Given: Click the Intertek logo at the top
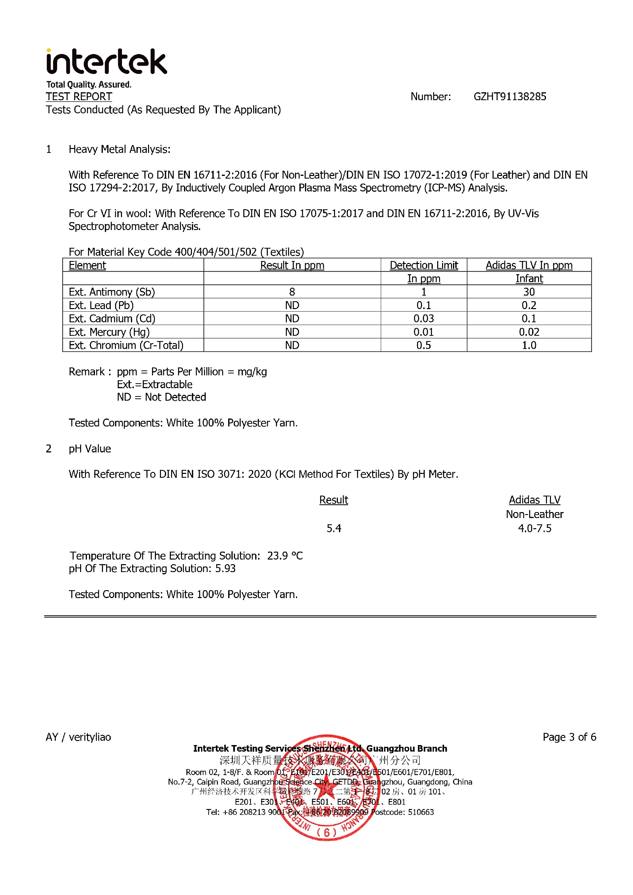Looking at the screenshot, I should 106,62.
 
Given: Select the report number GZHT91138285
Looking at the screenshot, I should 510,97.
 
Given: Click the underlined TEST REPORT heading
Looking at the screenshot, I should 79,97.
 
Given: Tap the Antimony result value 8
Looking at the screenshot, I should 292,292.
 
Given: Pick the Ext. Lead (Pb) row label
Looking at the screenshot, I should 101,305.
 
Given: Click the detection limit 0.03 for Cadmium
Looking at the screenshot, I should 424,318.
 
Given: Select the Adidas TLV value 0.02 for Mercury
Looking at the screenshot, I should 529,332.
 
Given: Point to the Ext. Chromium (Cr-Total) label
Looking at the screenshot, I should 126,345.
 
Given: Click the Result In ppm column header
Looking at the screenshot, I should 292,266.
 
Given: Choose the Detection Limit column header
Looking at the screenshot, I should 424,266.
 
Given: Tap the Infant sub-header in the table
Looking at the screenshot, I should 529,279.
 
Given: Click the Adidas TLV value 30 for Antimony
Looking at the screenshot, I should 529,292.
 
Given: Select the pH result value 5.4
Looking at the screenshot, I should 334,529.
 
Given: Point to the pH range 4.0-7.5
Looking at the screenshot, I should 534,529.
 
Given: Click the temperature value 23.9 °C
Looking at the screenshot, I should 285,556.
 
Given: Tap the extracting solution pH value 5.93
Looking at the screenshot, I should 226,569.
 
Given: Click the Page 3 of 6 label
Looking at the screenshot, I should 569,737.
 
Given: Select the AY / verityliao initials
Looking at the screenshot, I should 78,737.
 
